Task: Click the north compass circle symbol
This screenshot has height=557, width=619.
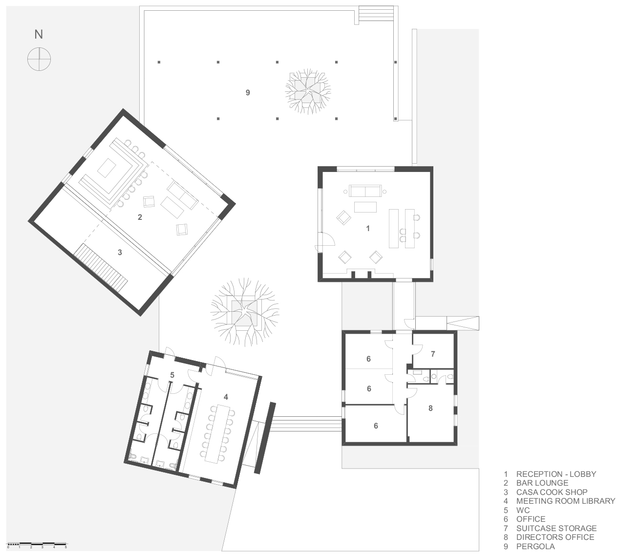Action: click(x=39, y=59)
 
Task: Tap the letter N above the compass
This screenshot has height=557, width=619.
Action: click(x=39, y=34)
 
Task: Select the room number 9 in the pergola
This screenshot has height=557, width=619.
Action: click(x=248, y=92)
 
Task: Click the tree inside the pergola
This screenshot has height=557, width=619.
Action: click(x=308, y=91)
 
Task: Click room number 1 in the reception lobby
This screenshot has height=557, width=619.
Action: click(x=368, y=228)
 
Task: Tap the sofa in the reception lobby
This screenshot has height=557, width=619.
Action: click(x=365, y=191)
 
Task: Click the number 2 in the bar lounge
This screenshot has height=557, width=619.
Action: click(x=140, y=217)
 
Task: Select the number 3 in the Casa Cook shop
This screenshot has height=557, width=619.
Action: click(x=120, y=253)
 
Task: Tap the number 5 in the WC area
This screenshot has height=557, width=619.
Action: click(x=172, y=375)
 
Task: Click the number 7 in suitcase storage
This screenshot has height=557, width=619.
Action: click(x=432, y=354)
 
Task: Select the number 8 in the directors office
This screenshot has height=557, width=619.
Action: click(x=430, y=408)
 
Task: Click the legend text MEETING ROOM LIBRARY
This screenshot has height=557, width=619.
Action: click(x=565, y=501)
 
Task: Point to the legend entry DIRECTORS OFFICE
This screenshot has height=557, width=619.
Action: click(x=555, y=537)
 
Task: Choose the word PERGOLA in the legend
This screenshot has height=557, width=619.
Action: click(x=535, y=546)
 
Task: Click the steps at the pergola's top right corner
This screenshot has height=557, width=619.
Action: click(x=376, y=14)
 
